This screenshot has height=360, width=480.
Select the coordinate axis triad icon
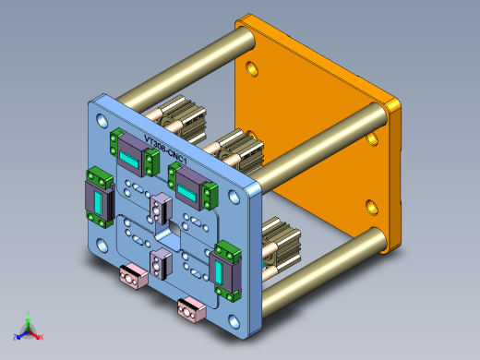click(28, 328)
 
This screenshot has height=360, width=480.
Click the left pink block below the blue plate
click(135, 275)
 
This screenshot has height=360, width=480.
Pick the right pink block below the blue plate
click(191, 308)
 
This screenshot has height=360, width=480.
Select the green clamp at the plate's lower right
click(224, 270)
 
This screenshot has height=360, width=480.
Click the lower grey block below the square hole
click(159, 264)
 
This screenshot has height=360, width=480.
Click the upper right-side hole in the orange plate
click(373, 139)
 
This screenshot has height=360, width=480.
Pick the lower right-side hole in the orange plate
click(373, 205)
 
